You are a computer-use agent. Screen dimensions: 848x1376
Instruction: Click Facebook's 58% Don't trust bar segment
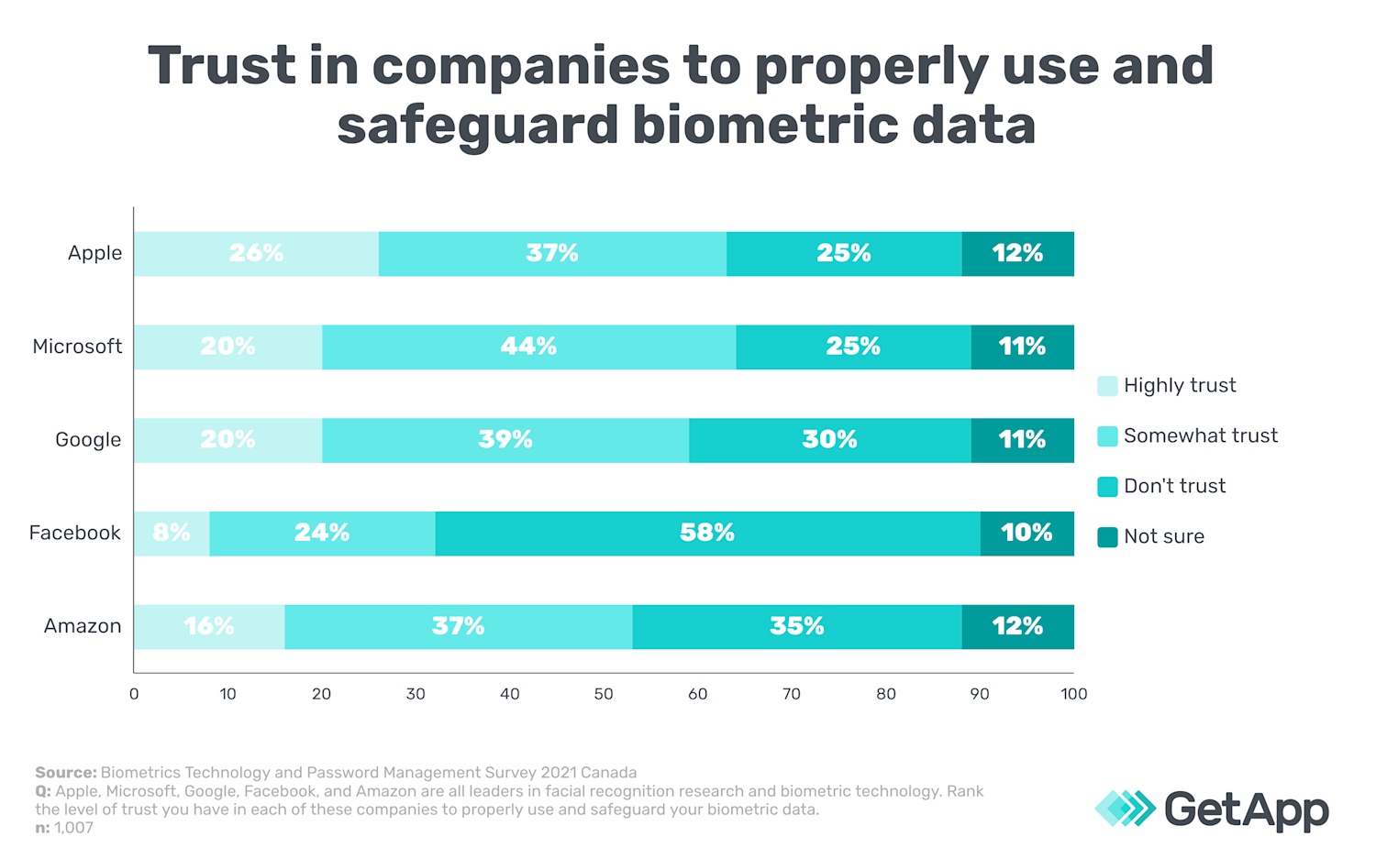click(x=707, y=534)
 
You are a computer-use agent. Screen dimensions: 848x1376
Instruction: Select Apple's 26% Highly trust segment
click(x=256, y=254)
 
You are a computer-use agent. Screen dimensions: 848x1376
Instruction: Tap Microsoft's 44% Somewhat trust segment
click(x=528, y=347)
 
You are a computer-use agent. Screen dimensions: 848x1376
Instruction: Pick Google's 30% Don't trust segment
click(x=829, y=441)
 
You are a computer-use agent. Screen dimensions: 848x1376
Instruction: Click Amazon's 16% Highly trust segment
click(x=209, y=627)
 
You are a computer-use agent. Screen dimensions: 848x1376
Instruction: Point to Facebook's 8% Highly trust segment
click(x=172, y=534)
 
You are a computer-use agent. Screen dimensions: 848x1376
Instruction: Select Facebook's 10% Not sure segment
click(x=1026, y=534)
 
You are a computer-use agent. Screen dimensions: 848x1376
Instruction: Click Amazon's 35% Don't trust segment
click(x=796, y=627)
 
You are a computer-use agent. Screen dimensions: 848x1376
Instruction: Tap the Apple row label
click(x=94, y=253)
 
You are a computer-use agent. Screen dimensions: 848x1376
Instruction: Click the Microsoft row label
click(x=77, y=347)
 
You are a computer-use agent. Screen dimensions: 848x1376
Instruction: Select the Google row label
click(x=88, y=440)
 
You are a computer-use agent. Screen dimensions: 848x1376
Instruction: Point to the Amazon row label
click(x=83, y=626)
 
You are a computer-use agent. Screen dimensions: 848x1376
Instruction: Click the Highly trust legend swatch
click(x=1107, y=386)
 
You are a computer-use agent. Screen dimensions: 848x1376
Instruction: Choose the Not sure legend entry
click(x=1163, y=536)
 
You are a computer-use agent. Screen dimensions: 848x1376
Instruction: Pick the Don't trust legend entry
click(x=1174, y=486)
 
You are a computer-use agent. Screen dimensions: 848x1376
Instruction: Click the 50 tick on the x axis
click(x=603, y=694)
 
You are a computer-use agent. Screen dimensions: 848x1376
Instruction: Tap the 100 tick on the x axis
click(x=1073, y=694)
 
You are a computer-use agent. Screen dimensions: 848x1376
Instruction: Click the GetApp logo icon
click(x=1125, y=809)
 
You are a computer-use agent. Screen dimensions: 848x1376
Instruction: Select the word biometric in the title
click(x=764, y=125)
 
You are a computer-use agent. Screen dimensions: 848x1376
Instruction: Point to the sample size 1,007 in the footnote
click(x=73, y=828)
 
